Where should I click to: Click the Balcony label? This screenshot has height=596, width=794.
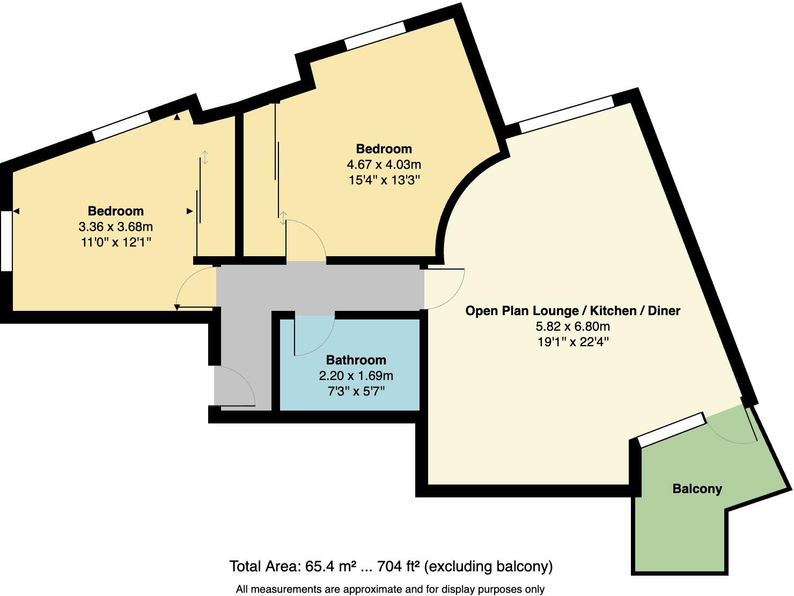pyautogui.click(x=697, y=488)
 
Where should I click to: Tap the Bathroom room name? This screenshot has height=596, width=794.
pyautogui.click(x=356, y=360)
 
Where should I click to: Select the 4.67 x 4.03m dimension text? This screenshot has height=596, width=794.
pyautogui.click(x=384, y=164)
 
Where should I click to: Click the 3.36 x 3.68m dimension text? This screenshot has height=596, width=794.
pyautogui.click(x=115, y=227)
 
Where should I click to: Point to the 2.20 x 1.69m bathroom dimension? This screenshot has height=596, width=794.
pyautogui.click(x=356, y=376)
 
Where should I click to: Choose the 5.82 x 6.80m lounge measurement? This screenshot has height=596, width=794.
pyautogui.click(x=572, y=326)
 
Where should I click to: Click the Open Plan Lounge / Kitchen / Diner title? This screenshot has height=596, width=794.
pyautogui.click(x=572, y=310)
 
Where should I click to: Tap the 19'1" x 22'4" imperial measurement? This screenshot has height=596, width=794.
pyautogui.click(x=572, y=341)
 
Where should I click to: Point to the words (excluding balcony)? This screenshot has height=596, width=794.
pyautogui.click(x=489, y=566)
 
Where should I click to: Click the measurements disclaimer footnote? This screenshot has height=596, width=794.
pyautogui.click(x=390, y=589)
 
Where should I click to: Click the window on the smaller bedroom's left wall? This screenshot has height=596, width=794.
pyautogui.click(x=6, y=241)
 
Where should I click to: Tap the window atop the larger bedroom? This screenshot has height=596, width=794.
pyautogui.click(x=374, y=35)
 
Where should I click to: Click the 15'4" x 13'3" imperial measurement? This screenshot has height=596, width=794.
pyautogui.click(x=384, y=180)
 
